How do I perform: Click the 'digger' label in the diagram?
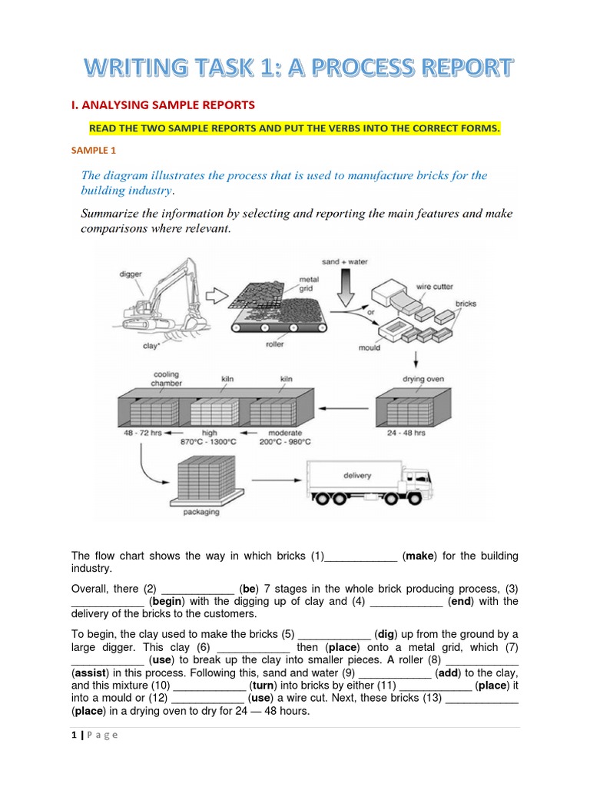(131, 273)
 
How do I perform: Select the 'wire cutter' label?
(434, 287)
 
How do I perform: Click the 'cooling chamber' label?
(167, 379)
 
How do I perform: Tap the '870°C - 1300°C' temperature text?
(209, 442)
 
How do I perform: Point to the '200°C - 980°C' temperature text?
(284, 442)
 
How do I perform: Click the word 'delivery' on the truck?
(357, 476)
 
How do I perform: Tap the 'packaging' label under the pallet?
(201, 511)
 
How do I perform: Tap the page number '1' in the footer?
(74, 735)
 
